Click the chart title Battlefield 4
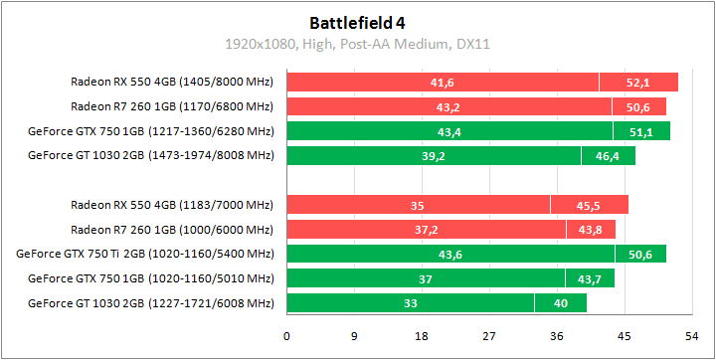(x=357, y=21)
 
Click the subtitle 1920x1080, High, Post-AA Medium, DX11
(x=357, y=44)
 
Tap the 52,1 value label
(x=637, y=82)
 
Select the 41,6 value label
(x=443, y=82)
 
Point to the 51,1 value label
(x=640, y=131)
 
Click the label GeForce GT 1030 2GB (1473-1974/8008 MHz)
(x=150, y=155)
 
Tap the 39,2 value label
(x=433, y=155)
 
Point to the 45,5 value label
(x=589, y=205)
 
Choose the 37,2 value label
(x=426, y=230)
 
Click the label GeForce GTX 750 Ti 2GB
(x=145, y=254)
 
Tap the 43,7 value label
(x=590, y=278)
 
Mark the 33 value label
(x=410, y=302)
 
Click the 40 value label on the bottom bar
(x=561, y=302)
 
